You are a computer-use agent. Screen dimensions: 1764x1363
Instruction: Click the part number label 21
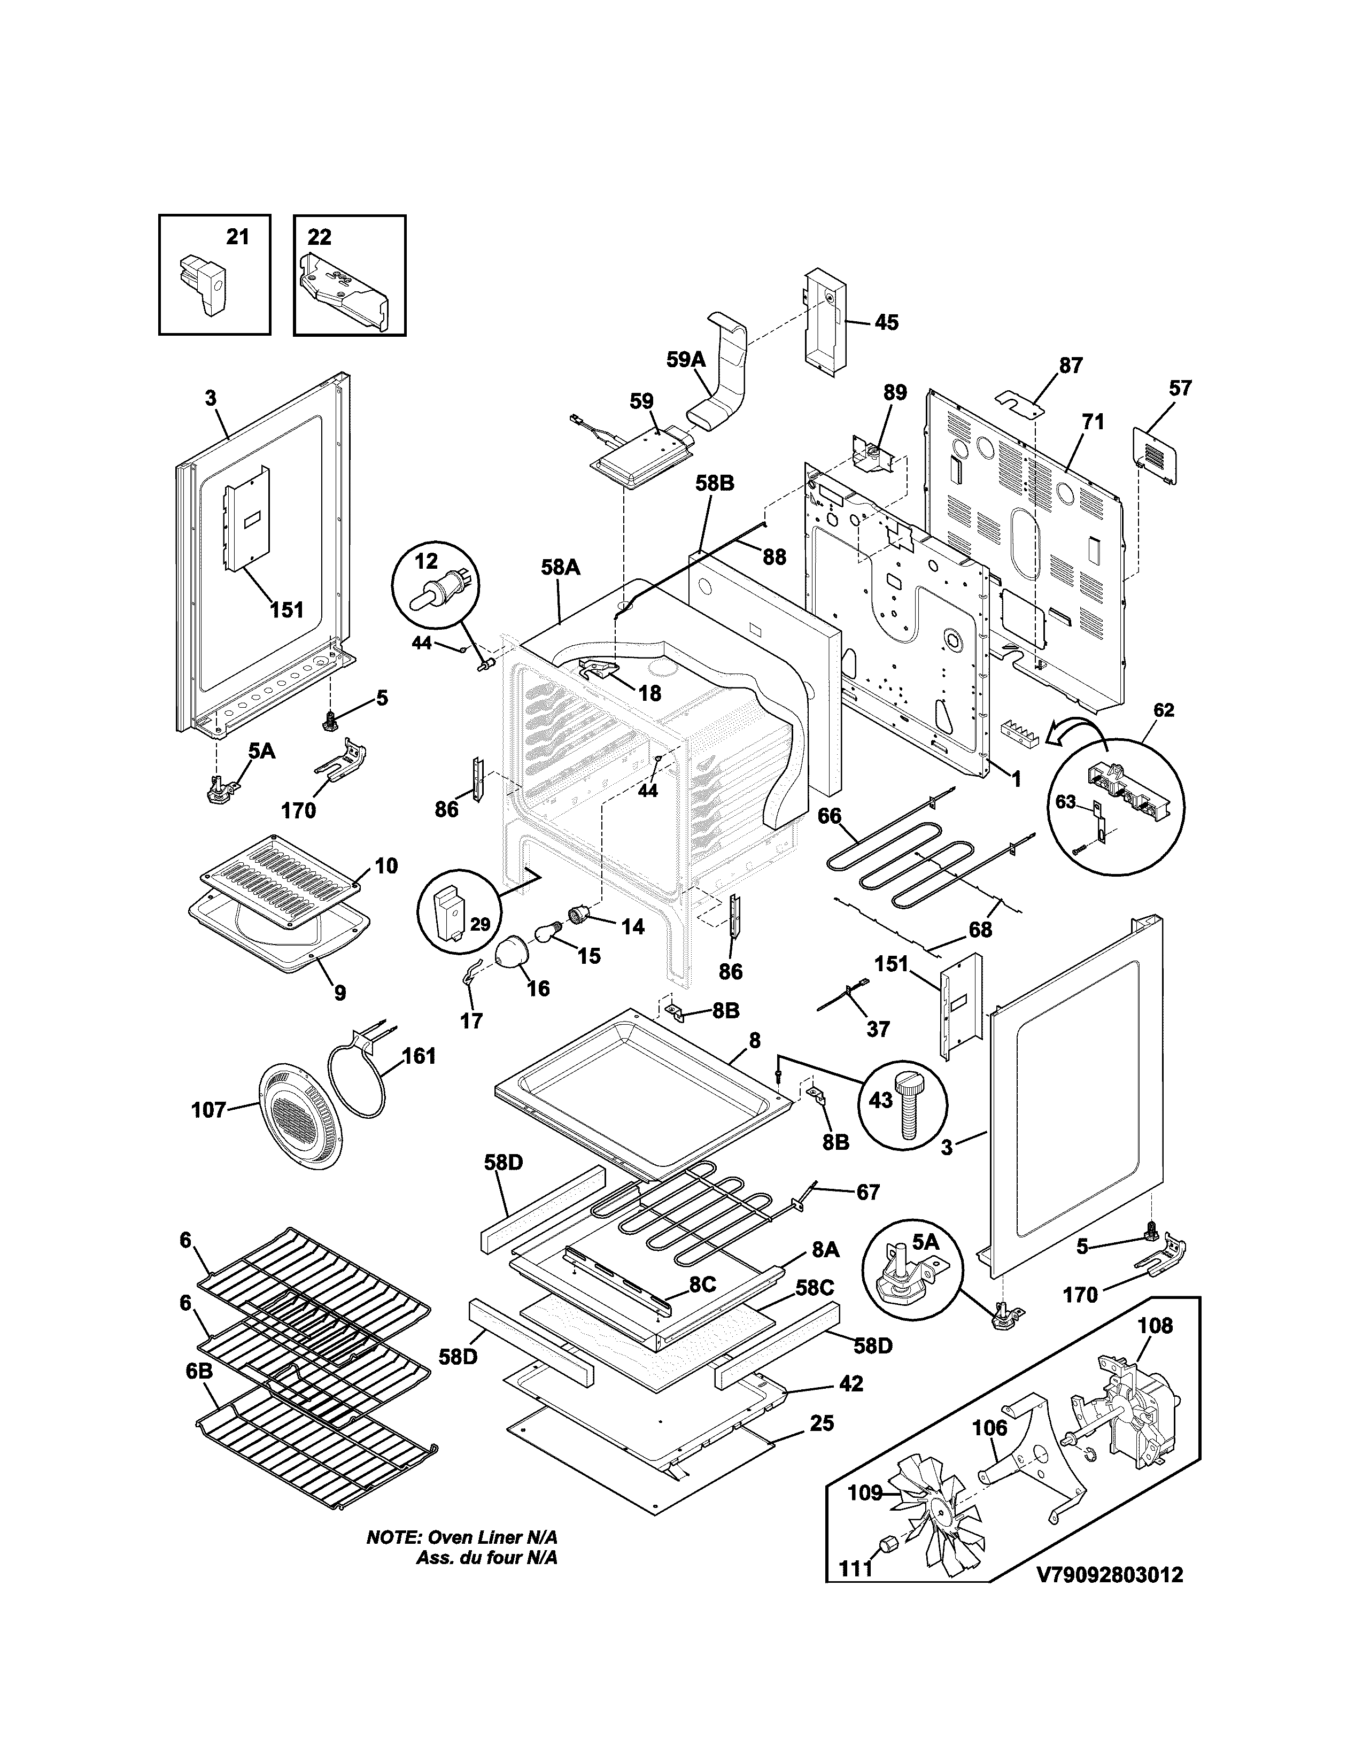[237, 237]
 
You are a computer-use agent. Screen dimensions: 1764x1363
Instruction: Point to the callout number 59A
[686, 359]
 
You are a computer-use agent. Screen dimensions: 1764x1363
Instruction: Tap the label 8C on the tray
[702, 1285]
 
